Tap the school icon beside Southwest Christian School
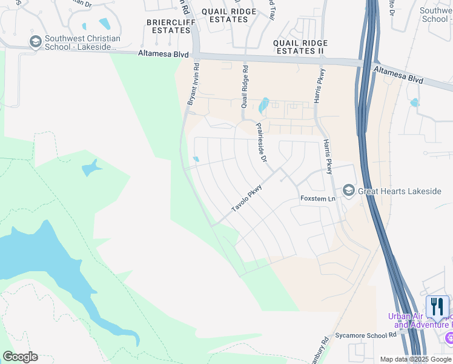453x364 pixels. click(x=35, y=42)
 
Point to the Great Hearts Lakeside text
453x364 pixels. click(x=399, y=191)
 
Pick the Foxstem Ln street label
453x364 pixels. click(x=318, y=199)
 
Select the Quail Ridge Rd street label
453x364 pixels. click(x=245, y=86)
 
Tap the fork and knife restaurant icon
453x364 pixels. click(x=437, y=306)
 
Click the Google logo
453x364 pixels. click(x=20, y=357)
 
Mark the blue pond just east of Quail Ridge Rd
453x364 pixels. click(x=264, y=106)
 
